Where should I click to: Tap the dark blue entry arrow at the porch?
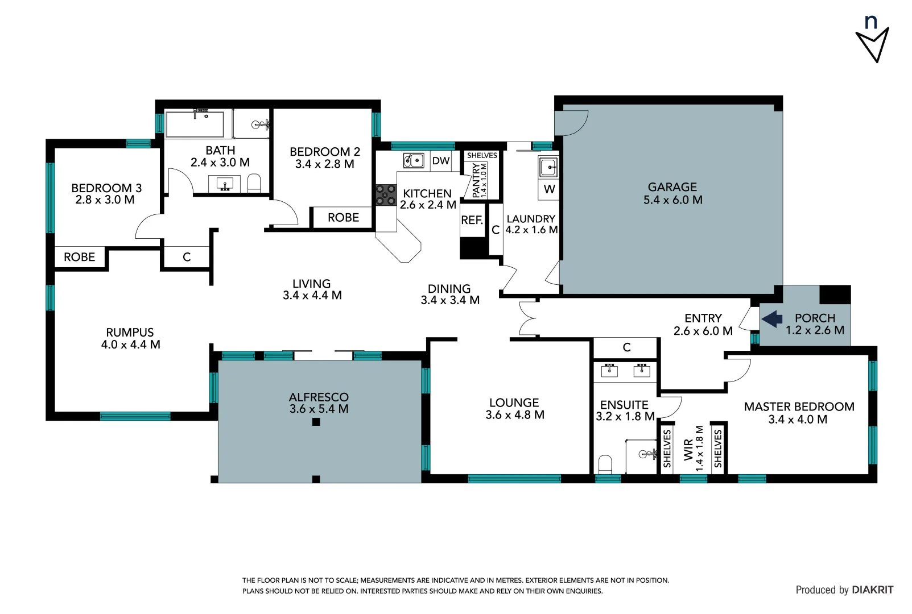coord(772,319)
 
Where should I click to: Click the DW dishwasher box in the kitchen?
coord(440,161)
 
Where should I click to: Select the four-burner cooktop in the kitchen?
coord(386,195)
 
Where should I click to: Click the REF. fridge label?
coord(472,220)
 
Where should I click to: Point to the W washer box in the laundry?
coord(549,189)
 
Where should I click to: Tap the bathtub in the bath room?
coord(195,124)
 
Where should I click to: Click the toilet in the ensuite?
coord(605,464)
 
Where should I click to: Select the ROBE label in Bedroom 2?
coord(343,218)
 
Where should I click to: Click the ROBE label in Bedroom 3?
coord(80,257)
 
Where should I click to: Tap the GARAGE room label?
coord(672,187)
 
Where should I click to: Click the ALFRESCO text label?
coord(319,397)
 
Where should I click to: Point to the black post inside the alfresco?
coord(316,422)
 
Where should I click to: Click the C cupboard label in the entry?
coord(626,347)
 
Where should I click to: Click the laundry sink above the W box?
coord(548,167)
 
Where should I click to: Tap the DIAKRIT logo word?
coord(872,590)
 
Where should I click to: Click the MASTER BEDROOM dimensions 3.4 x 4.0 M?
coord(798,420)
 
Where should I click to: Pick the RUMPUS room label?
coord(130,333)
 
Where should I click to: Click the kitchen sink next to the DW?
coord(414,161)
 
